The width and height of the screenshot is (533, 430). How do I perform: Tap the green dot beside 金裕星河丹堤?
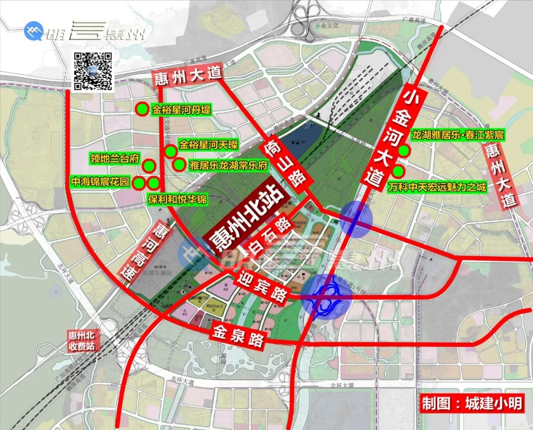pyautogui.click(x=142, y=108)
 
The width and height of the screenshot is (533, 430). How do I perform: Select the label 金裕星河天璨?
pyautogui.click(x=208, y=144)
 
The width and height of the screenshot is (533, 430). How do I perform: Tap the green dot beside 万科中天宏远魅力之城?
pyautogui.click(x=398, y=172)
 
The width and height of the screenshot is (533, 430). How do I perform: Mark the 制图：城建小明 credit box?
pyautogui.click(x=472, y=404)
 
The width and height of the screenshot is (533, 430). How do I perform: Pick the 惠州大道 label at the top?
pyautogui.click(x=187, y=77)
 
